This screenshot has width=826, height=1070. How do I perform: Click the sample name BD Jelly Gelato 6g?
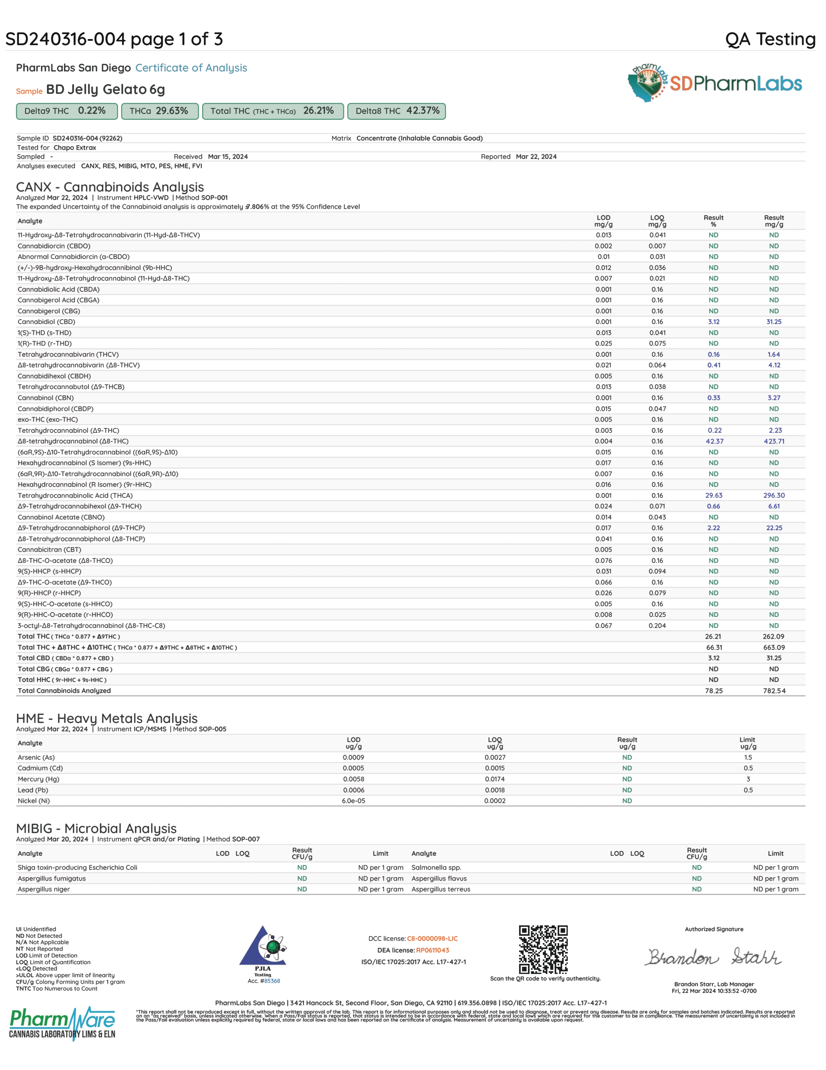(x=105, y=90)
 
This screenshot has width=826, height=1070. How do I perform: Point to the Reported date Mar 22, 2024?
(x=536, y=157)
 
